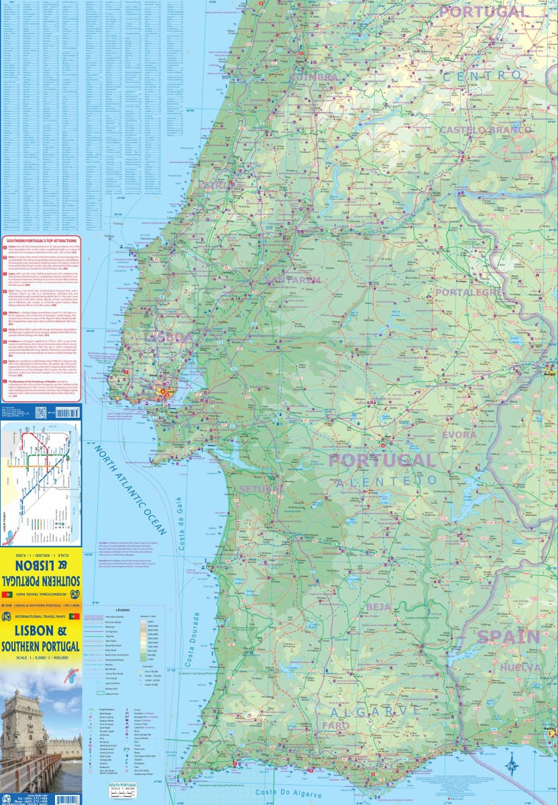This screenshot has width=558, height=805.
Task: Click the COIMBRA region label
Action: pyautogui.click(x=314, y=78)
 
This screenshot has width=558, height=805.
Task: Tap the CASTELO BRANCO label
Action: pyautogui.click(x=485, y=129)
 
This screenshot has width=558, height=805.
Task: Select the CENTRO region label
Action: pyautogui.click(x=482, y=76)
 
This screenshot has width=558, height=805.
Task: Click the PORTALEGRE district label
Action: pyautogui.click(x=469, y=292)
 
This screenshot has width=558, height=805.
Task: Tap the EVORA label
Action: pyautogui.click(x=459, y=435)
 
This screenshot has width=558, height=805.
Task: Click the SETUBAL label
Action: pyautogui.click(x=257, y=488)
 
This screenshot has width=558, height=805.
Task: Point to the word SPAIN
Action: pyautogui.click(x=508, y=637)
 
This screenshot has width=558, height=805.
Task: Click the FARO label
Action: pyautogui.click(x=335, y=726)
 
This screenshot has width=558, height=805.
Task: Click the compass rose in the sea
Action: pyautogui.click(x=514, y=762)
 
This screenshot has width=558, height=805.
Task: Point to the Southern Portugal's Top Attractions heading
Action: pyautogui.click(x=41, y=239)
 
